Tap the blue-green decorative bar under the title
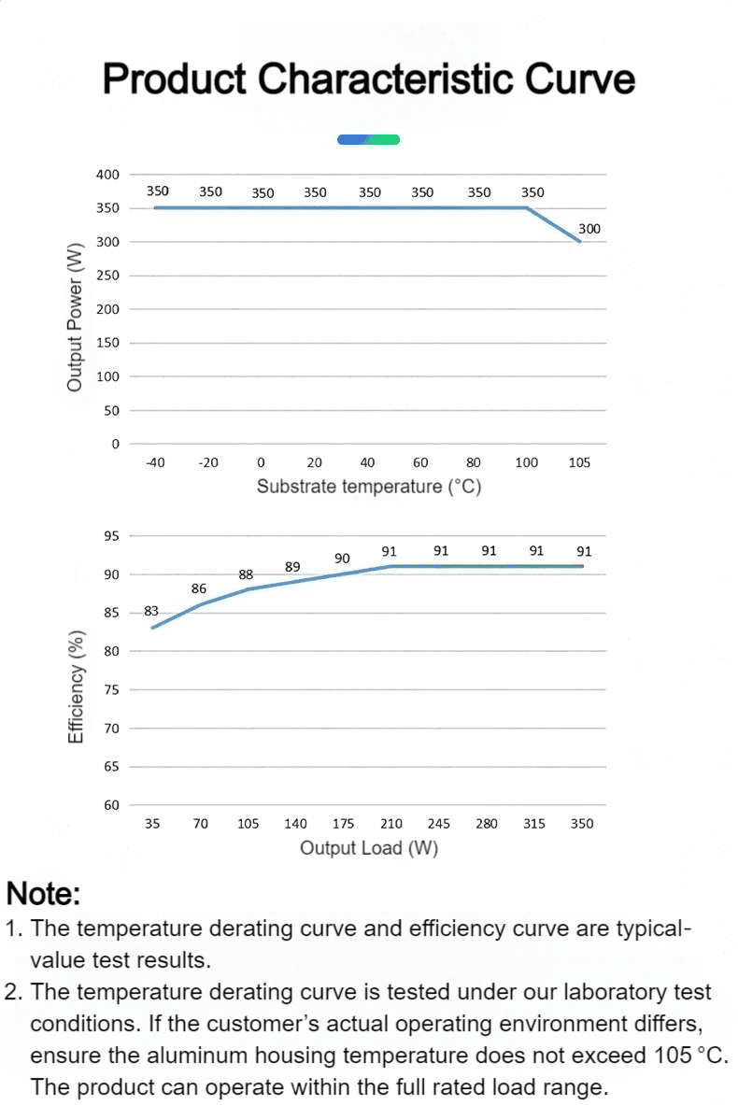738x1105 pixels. click(x=369, y=139)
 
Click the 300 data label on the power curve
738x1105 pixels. click(x=589, y=228)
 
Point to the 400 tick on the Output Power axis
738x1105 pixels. click(x=107, y=174)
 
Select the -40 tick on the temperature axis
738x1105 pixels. click(x=155, y=462)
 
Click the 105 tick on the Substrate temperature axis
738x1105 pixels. click(x=579, y=462)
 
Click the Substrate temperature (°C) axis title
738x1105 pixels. click(x=369, y=487)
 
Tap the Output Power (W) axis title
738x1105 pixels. click(x=74, y=317)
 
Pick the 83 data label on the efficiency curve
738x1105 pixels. click(x=150, y=611)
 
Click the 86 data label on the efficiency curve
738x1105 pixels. click(x=199, y=588)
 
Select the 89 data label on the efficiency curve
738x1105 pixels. click(x=292, y=567)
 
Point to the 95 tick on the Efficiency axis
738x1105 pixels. click(x=111, y=535)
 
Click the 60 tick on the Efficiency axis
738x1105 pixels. click(x=111, y=805)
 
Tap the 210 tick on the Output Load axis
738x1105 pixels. click(x=391, y=823)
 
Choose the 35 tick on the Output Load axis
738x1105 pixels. click(x=152, y=823)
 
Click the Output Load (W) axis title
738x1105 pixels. click(x=369, y=848)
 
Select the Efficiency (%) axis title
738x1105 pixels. click(x=76, y=687)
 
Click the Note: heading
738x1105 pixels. click(x=43, y=894)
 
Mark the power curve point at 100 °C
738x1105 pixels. click(x=527, y=208)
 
